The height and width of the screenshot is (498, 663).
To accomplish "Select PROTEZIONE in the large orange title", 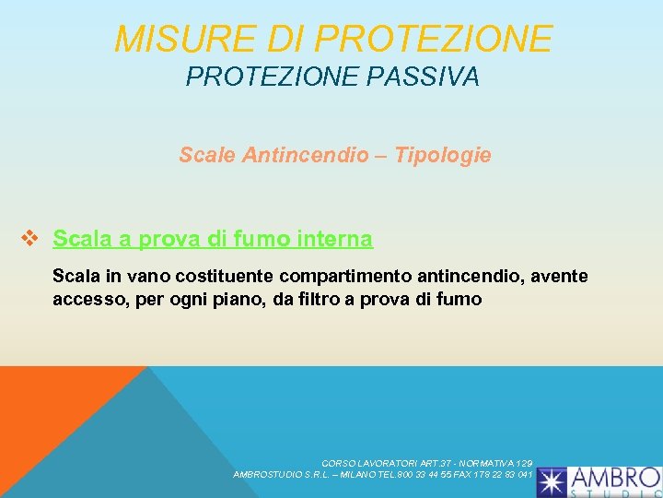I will pyautogui.click(x=433, y=39).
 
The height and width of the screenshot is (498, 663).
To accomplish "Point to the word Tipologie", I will pyautogui.click(x=443, y=155).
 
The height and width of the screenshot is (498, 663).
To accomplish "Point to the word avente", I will pyautogui.click(x=557, y=276).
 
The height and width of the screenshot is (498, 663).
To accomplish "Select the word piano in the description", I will pyautogui.click(x=238, y=299).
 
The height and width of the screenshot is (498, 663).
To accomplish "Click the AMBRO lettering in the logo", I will pyautogui.click(x=614, y=478).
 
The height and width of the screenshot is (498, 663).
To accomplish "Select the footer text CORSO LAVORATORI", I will pyautogui.click(x=367, y=463).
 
